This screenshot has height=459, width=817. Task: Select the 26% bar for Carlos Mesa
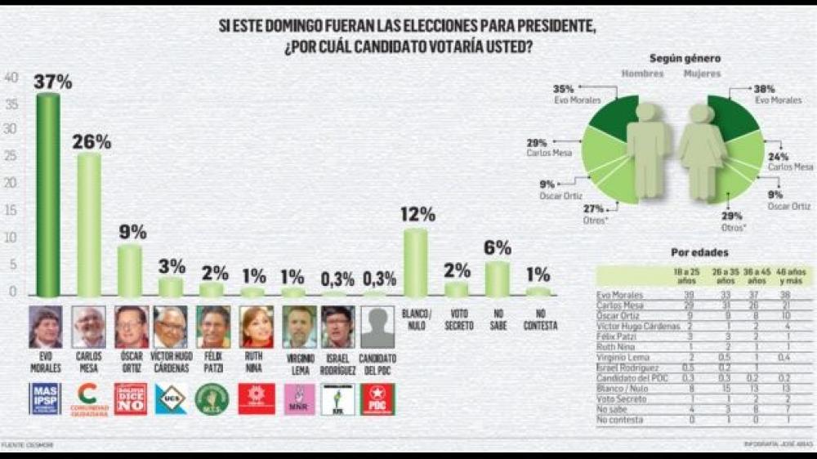(x=89, y=225)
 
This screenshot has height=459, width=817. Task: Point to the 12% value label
(x=417, y=215)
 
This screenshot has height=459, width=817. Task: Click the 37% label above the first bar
(x=53, y=82)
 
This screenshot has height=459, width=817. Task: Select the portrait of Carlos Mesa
(x=89, y=327)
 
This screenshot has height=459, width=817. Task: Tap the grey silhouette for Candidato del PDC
(x=377, y=327)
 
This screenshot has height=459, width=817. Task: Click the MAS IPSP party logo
(x=46, y=399)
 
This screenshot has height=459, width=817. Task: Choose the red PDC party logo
(x=377, y=399)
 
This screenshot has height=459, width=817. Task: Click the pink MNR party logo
(x=298, y=399)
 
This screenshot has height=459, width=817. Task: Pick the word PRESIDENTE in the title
(x=546, y=26)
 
